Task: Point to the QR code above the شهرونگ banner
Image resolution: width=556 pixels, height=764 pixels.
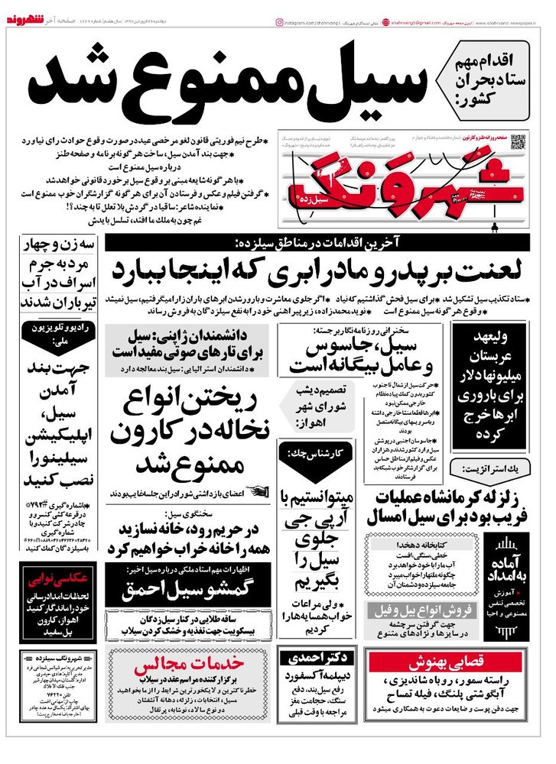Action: tap(519, 141)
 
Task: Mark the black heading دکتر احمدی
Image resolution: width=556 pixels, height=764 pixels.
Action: tap(316, 656)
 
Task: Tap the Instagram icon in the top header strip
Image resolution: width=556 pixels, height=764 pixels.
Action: tap(279, 24)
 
